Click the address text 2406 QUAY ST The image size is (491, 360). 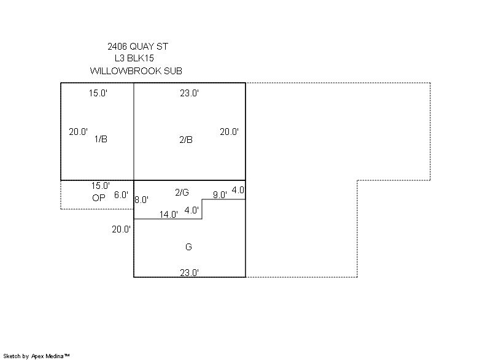[x=137, y=47]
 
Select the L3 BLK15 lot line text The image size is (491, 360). [x=134, y=58]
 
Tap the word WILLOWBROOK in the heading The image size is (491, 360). [x=126, y=71]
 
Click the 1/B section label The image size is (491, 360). [x=101, y=139]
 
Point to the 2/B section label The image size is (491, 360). [x=186, y=139]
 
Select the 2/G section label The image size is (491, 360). [x=182, y=193]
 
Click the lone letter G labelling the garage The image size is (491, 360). [x=188, y=247]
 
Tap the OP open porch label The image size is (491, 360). [x=99, y=198]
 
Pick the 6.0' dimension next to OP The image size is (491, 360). [x=121, y=195]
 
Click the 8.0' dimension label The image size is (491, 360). [x=142, y=199]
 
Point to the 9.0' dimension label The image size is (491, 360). [x=220, y=195]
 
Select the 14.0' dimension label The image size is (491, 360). [x=168, y=215]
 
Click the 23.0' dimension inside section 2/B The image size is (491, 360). [x=190, y=93]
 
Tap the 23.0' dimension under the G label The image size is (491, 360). [x=190, y=273]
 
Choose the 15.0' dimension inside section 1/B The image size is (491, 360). [x=98, y=93]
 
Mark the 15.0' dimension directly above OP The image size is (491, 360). [x=101, y=186]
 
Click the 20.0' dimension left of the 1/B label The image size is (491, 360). [x=79, y=132]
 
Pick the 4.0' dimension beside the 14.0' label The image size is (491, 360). [x=191, y=210]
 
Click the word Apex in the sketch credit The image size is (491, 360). [x=37, y=356]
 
